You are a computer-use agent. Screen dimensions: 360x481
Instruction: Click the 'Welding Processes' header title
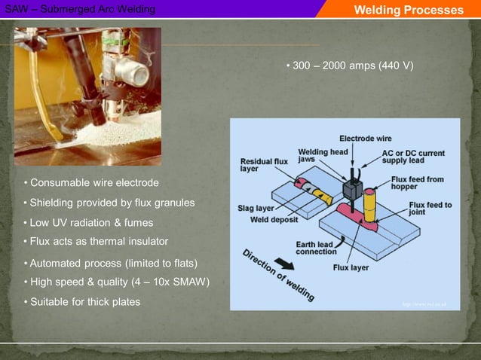408,10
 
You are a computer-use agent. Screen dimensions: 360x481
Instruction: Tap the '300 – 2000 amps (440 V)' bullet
350,66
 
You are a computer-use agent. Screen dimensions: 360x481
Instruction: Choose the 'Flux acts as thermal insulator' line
96,241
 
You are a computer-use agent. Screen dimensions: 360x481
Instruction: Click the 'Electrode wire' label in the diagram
365,139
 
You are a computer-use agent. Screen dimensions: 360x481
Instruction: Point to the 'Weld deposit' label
274,220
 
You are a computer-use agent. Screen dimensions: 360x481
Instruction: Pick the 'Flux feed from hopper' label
417,182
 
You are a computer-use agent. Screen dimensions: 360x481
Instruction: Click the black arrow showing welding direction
284,264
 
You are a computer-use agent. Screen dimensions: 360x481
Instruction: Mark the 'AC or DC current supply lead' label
412,157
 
